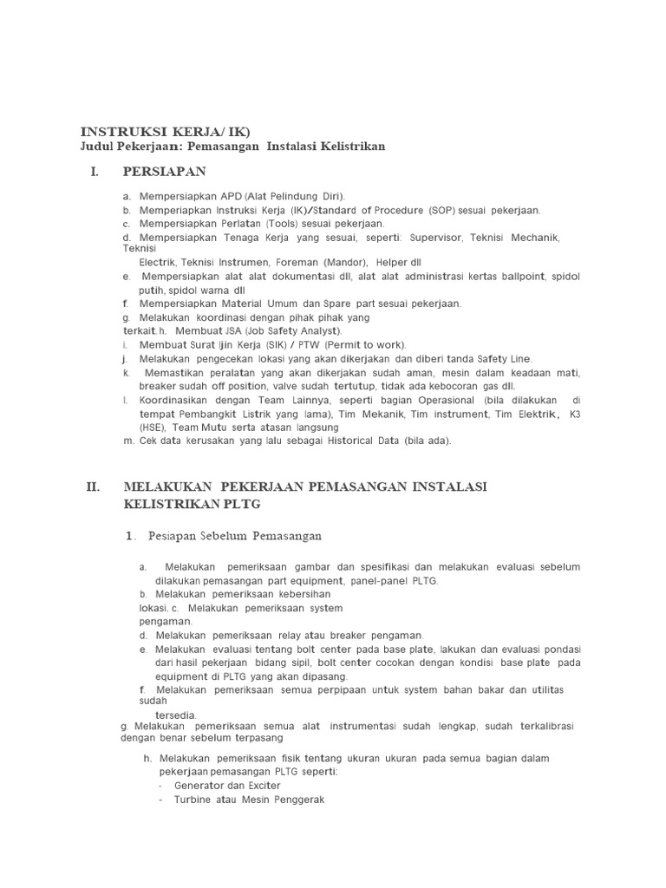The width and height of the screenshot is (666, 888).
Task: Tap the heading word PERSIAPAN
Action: coord(165,172)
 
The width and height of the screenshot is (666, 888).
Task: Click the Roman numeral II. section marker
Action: coord(95,486)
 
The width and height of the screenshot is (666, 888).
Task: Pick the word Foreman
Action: coord(297,262)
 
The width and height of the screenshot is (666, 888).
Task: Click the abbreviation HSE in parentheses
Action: coord(151,427)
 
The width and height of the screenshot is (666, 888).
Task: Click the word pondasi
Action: coord(562,649)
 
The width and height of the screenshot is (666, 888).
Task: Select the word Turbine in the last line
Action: coord(198,800)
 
